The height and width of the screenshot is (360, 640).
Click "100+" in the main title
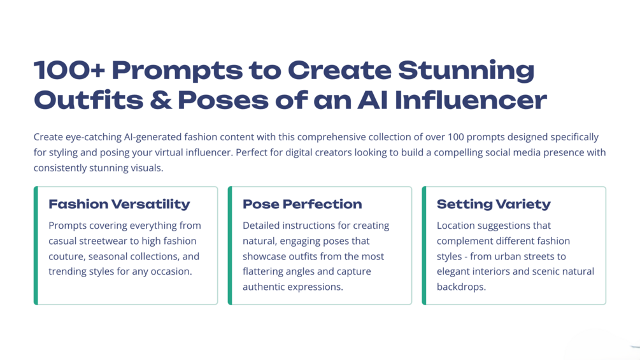(69, 70)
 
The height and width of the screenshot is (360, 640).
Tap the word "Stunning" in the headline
(466, 71)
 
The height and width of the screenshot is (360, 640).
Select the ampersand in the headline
(161, 101)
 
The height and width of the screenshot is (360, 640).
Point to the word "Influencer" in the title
(471, 101)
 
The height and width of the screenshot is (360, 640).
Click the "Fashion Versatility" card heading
(119, 204)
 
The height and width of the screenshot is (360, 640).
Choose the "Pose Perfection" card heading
(302, 204)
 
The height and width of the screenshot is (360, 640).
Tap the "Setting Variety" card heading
(494, 204)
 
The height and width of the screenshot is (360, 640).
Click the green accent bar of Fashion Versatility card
(36, 245)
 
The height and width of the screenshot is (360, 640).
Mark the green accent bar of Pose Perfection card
(230, 245)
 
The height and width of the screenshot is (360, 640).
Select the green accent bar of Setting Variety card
(424, 245)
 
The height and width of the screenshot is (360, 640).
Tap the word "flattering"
(262, 272)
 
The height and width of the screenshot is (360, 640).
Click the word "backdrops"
(461, 287)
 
